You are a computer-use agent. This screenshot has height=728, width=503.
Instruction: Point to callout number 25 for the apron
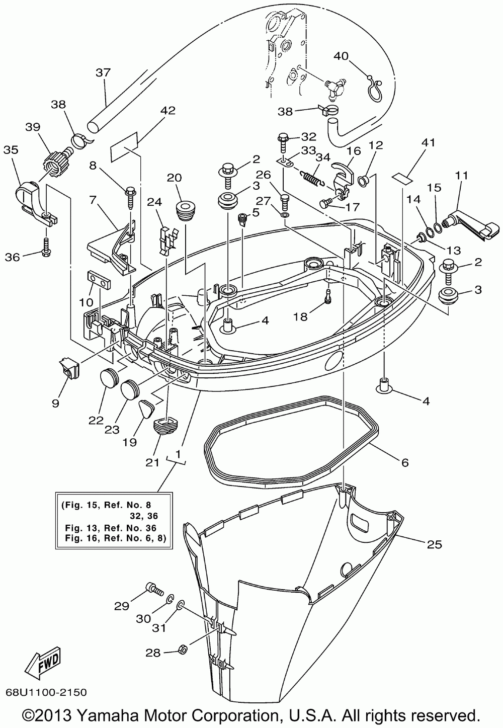tap(434, 544)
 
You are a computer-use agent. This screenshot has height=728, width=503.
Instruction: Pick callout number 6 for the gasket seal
tap(405, 462)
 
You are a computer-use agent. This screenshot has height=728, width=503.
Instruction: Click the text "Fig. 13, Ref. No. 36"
tap(111, 528)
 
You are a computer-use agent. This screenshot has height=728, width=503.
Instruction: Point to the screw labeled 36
tap(45, 249)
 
